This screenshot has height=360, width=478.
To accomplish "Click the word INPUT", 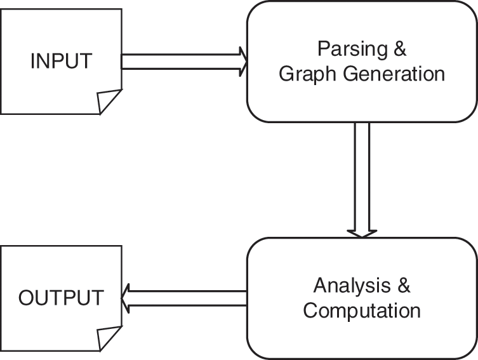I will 61,62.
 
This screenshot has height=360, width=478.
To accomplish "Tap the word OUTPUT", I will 61,298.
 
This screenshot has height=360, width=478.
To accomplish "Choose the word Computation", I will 362,311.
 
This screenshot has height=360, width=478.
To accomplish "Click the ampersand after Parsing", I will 399,50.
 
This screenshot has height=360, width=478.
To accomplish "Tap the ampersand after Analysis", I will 403,286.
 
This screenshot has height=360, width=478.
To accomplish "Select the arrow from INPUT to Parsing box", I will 181,61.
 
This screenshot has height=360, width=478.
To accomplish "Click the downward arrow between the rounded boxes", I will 362,178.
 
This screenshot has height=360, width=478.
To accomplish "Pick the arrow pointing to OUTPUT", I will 184,298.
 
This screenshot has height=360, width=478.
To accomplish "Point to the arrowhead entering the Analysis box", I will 362,232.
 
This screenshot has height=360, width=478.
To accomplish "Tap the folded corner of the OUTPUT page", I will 109,338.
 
